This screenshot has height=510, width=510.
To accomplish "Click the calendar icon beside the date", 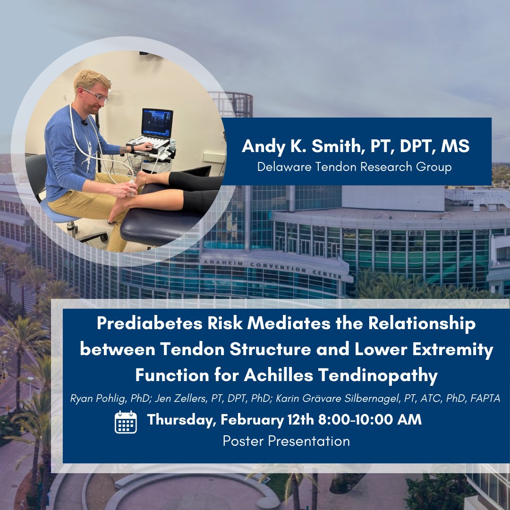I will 126,422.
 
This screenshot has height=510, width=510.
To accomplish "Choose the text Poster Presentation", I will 286,441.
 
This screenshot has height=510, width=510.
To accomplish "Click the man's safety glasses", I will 96,95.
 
